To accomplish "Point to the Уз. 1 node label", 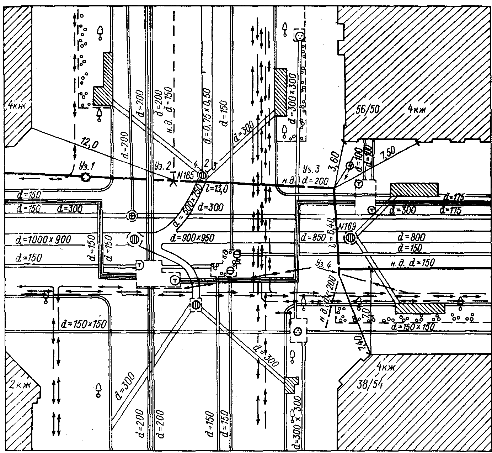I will pyautogui.click(x=85, y=166).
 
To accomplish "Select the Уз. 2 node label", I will pyautogui.click(x=163, y=165).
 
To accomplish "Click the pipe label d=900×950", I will pyautogui.click(x=192, y=237).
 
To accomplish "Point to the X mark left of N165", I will pyautogui.click(x=173, y=181).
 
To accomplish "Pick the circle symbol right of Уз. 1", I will pyautogui.click(x=85, y=177).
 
